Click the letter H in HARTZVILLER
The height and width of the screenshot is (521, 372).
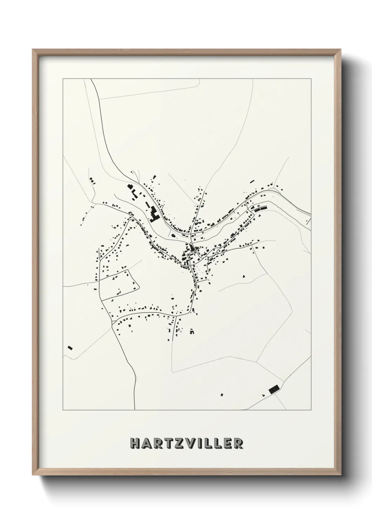tap(134, 443)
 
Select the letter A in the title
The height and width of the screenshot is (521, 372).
tap(146, 443)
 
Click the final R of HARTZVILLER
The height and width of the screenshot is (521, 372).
tap(238, 443)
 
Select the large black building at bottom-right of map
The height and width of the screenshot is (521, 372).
tap(274, 389)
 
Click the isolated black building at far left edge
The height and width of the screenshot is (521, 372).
tap(70, 348)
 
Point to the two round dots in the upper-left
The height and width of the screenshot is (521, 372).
tap(92, 180)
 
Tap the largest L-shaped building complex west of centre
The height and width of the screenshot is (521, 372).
tap(154, 214)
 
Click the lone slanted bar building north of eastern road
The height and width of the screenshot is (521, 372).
tap(252, 182)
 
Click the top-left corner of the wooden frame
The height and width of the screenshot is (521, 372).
tap(33, 50)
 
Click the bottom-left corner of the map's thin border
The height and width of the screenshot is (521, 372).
tap(63, 410)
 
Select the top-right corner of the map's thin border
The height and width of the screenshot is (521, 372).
tap(311, 79)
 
